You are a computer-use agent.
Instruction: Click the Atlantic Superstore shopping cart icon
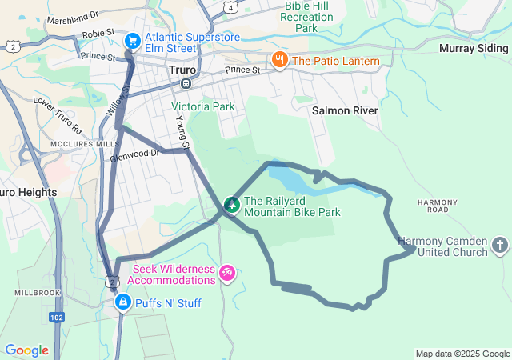point(133,40)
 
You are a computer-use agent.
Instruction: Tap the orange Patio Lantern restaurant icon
point(279,59)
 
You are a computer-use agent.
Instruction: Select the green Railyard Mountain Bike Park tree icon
point(232,206)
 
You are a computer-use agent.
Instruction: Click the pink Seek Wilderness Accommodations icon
point(227,274)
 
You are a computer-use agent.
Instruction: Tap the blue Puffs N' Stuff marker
point(122,302)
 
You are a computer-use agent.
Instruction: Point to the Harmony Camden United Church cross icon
point(499,246)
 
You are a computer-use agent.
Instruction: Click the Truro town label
point(182,70)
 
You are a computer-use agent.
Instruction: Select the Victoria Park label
point(202,106)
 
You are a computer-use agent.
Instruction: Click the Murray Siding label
point(474,48)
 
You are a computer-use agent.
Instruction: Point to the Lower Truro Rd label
point(57,115)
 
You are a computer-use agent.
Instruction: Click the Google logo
point(26,350)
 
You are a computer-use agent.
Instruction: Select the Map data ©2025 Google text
point(462,354)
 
